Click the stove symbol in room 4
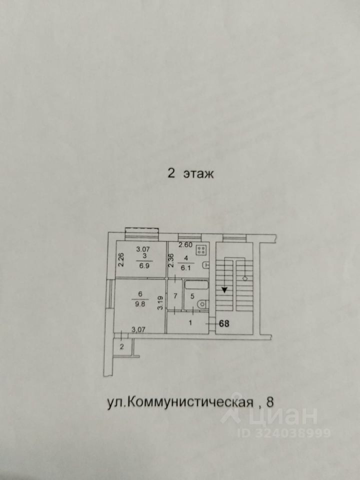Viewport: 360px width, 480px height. [x=202, y=250]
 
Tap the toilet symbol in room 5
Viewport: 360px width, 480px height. [x=200, y=303]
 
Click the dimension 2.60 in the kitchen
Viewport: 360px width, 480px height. [x=185, y=244]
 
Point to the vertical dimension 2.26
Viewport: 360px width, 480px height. [x=120, y=260]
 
